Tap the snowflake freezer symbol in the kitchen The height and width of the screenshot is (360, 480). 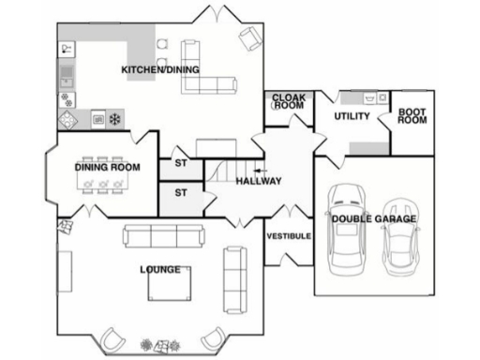coord(115,119)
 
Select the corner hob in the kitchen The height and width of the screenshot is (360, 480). coord(69,119)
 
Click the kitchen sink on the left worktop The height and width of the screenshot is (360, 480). coord(67,73)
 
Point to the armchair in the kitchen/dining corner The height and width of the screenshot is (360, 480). coord(250,38)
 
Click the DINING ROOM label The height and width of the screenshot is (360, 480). coord(108,168)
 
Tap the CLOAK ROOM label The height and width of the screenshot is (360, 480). coord(289,101)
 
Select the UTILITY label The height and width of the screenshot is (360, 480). coord(352,117)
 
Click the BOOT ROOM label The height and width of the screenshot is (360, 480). coord(412,117)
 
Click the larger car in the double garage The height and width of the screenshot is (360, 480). coord(347,225)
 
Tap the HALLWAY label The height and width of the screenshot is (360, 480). coord(259,181)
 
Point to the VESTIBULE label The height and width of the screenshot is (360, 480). coord(289,236)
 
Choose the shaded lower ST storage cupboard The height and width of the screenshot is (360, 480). coord(181,195)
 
